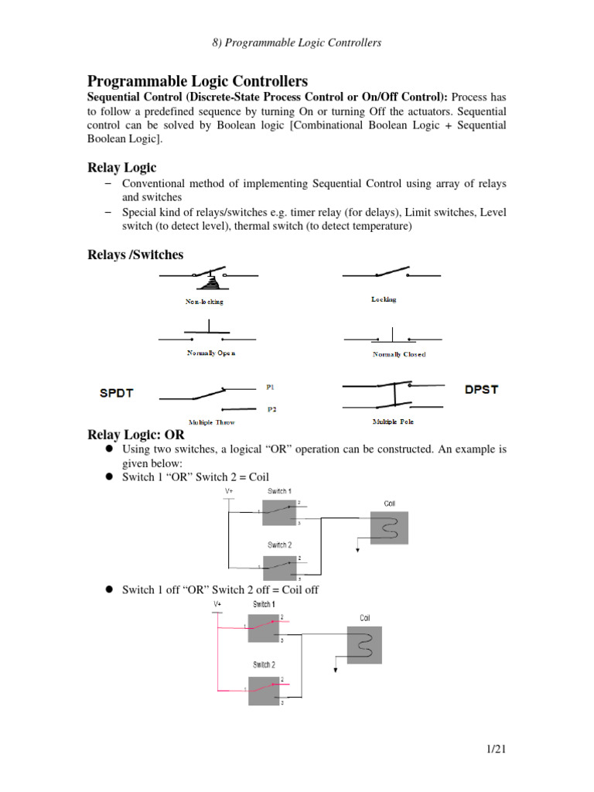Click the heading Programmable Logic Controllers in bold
coord(198,81)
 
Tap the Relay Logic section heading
coord(122,167)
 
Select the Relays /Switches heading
coord(135,254)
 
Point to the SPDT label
coord(117,392)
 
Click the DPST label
coord(481,389)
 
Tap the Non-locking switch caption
coord(204,302)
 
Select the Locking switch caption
coord(384,299)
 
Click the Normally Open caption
coord(211,353)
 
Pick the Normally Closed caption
coord(399,354)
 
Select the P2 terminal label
coord(272,409)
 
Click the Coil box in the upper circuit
coord(388,527)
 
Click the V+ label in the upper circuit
coord(228,491)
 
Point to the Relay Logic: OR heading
coord(136,435)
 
